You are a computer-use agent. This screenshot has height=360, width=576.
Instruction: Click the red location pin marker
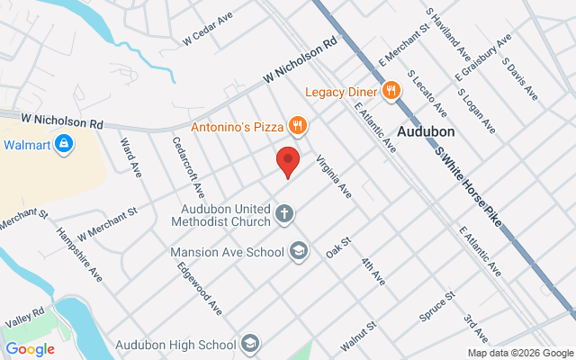click(x=287, y=162)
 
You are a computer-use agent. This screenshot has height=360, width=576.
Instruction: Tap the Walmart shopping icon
click(x=63, y=144)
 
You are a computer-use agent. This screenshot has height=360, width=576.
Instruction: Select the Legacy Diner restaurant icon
click(x=391, y=90)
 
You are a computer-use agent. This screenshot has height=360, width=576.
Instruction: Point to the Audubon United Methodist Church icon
click(x=284, y=214)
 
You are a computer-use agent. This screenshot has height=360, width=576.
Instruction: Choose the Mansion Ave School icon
click(x=299, y=251)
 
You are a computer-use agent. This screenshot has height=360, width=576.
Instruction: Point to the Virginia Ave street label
click(x=333, y=177)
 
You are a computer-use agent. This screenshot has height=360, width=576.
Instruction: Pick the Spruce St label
click(x=437, y=308)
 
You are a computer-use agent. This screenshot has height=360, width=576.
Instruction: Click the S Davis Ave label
click(x=519, y=79)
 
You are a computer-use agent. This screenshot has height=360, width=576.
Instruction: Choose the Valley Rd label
click(x=24, y=316)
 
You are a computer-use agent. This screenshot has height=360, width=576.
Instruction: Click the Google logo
click(x=30, y=349)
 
